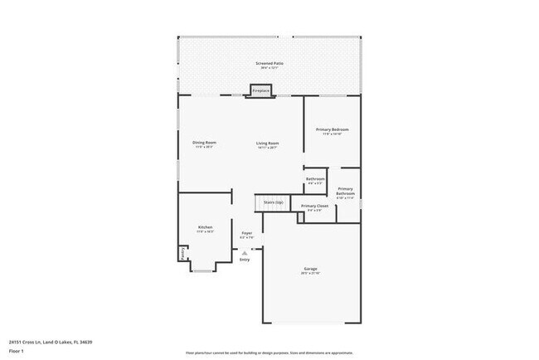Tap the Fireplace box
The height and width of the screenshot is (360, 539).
pyautogui.click(x=261, y=90)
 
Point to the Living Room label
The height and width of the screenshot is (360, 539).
pyautogui.click(x=267, y=144)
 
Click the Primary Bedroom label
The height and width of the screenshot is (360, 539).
pyautogui.click(x=333, y=129)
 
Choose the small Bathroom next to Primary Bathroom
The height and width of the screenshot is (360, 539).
pyautogui.click(x=315, y=180)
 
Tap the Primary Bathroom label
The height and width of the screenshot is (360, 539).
pyautogui.click(x=346, y=192)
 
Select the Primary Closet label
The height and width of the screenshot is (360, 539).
pyautogui.click(x=315, y=206)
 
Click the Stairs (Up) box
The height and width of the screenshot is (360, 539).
pyautogui.click(x=273, y=202)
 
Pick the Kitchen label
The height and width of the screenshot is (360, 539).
pyautogui.click(x=205, y=227)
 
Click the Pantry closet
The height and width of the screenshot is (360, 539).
pyautogui.click(x=182, y=253)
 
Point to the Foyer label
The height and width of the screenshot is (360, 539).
pyautogui.click(x=246, y=234)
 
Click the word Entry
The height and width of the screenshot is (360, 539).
pyautogui.click(x=245, y=260)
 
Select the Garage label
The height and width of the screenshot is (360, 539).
pyautogui.click(x=311, y=270)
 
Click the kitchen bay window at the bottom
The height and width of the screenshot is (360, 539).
pyautogui.click(x=204, y=268)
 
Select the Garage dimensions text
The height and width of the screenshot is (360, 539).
pyautogui.click(x=311, y=275)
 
